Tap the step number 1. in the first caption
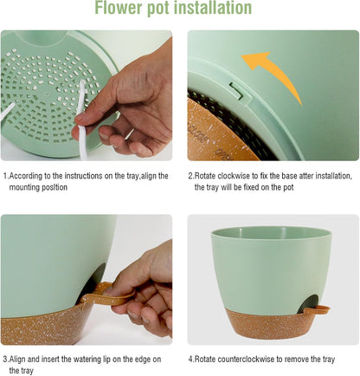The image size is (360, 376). pos(6,176)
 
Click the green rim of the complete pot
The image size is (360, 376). pos(271,234)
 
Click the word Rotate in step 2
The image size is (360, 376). pos(209,176)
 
